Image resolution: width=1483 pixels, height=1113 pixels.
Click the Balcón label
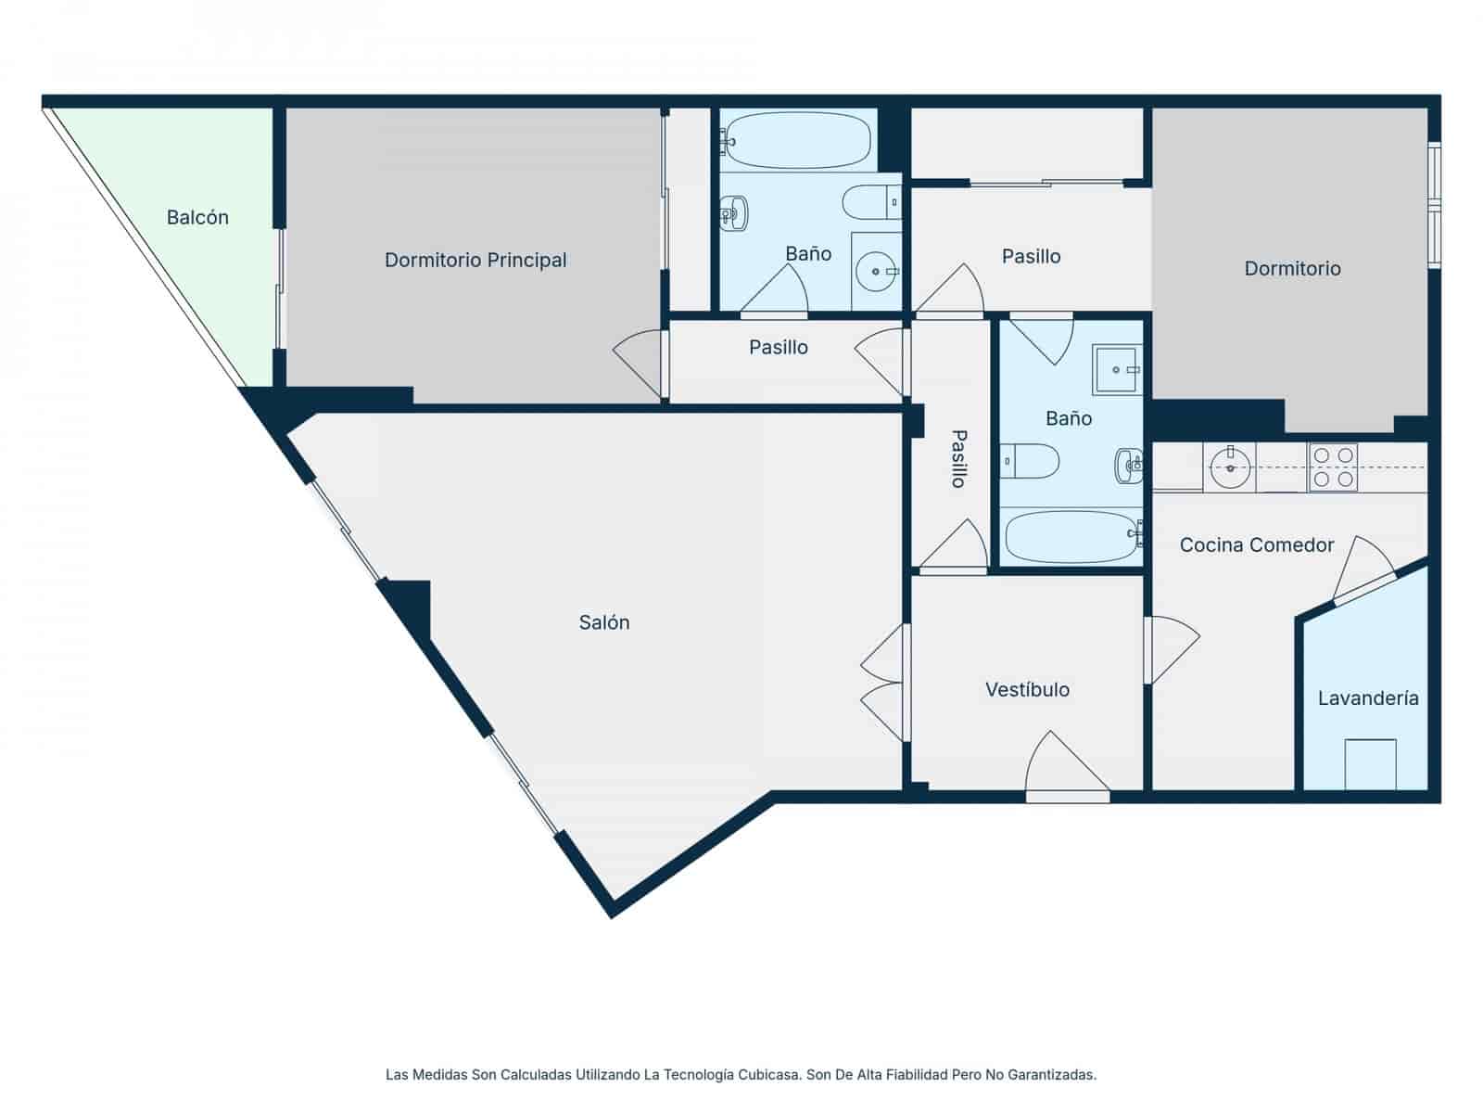click(197, 217)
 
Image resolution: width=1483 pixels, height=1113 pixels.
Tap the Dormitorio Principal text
click(475, 260)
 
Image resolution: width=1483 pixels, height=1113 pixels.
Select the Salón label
click(604, 622)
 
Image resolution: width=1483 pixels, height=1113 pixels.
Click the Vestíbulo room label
click(1027, 689)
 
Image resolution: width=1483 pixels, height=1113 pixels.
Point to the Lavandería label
click(1368, 698)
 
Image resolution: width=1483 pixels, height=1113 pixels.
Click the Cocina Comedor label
click(1256, 544)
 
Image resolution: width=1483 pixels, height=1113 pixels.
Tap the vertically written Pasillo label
click(958, 458)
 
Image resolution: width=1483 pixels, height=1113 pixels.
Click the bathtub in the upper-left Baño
click(798, 141)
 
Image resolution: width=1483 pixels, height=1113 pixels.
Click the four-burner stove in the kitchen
click(1332, 467)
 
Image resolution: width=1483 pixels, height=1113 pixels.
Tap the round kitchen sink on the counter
click(1231, 467)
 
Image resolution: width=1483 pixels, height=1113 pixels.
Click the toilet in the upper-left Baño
click(869, 201)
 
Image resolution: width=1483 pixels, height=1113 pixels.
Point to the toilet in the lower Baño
click(1032, 461)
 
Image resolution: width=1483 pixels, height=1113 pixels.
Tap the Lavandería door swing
click(1362, 567)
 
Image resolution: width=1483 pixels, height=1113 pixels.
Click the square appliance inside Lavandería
click(1370, 763)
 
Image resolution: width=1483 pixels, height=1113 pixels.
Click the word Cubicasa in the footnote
click(769, 1075)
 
